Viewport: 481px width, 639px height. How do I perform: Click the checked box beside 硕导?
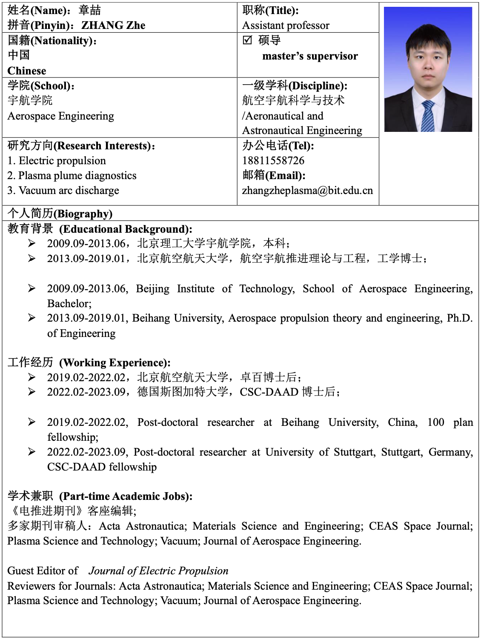tap(247, 40)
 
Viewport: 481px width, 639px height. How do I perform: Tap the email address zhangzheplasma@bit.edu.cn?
tap(307, 191)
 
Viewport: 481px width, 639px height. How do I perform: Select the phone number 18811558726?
tap(273, 161)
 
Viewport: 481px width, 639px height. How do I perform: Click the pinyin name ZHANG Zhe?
tap(113, 26)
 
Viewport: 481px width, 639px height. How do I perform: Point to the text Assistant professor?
tap(286, 26)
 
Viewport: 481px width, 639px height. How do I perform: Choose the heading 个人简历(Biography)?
tap(60, 214)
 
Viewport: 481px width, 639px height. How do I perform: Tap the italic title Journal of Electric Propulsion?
tap(158, 571)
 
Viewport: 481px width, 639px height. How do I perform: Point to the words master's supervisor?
tap(310, 56)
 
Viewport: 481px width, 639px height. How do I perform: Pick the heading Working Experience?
tap(115, 363)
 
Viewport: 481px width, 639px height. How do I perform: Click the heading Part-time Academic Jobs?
tap(126, 496)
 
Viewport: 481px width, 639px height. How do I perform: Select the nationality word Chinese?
tap(27, 71)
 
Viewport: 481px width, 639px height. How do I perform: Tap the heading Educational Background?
tap(126, 229)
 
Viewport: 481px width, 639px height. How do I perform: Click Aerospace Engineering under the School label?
tap(61, 116)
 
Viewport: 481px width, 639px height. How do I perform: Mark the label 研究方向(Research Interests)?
tap(81, 146)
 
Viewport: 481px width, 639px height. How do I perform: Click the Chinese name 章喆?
tap(90, 10)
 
